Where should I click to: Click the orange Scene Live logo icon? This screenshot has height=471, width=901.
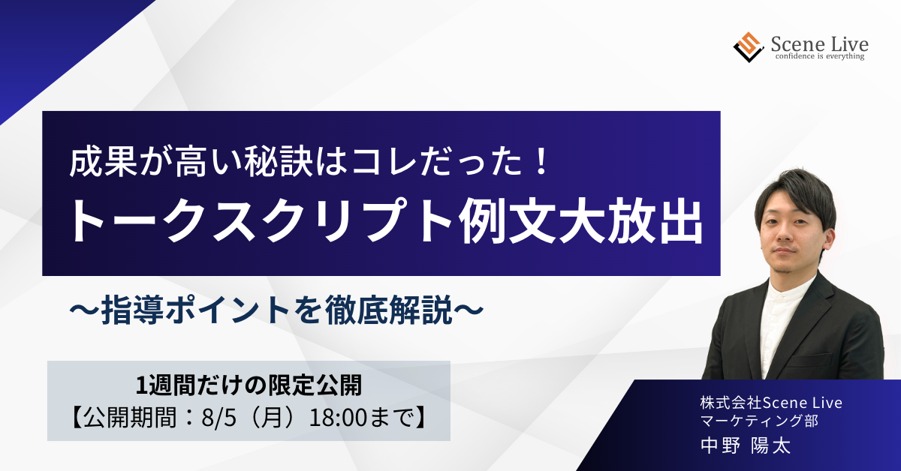[x=749, y=47]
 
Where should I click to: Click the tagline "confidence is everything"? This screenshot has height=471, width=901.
[x=820, y=56]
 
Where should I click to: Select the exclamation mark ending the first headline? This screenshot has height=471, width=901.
[x=542, y=162]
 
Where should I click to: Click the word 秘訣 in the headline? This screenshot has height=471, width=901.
[x=279, y=162]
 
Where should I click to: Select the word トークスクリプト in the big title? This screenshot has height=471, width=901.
[x=263, y=222]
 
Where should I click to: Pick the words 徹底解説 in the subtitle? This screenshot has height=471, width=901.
[x=388, y=310]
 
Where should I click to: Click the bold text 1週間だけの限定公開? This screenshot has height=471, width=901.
[x=249, y=385]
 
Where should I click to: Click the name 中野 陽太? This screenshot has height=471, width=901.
[x=746, y=446]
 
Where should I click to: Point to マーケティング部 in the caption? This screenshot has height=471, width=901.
[x=759, y=420]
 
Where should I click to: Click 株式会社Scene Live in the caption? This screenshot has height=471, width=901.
[x=771, y=403]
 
